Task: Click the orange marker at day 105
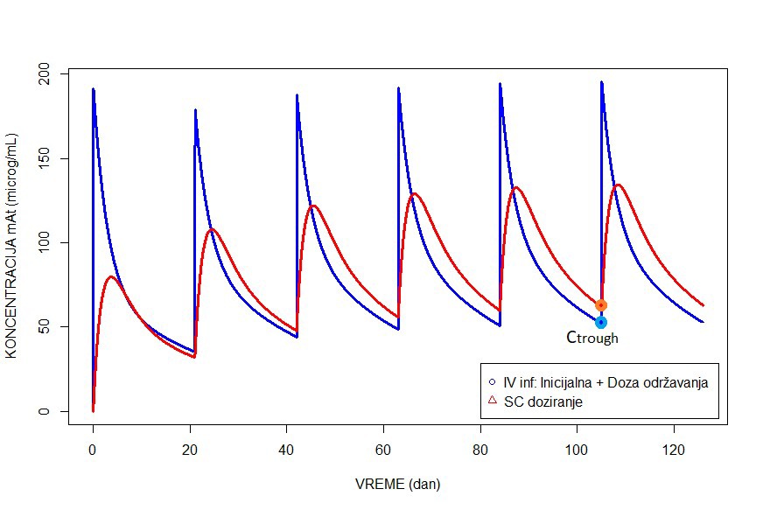tap(601, 304)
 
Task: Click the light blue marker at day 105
tap(601, 322)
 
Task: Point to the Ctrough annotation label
tap(592, 338)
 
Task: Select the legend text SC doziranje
tap(543, 402)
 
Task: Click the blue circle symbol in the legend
tap(493, 382)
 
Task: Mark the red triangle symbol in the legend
tap(493, 401)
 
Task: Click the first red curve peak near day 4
tap(111, 276)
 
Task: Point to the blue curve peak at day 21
tap(195, 110)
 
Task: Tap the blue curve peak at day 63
tap(398, 88)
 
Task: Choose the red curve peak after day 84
tap(516, 187)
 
